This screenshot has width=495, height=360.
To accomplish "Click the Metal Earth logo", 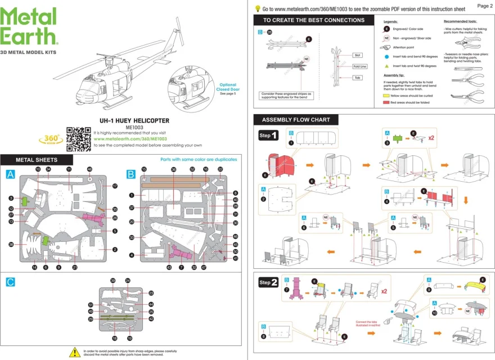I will [x=29, y=27].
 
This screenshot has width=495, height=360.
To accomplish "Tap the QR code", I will [x=79, y=139].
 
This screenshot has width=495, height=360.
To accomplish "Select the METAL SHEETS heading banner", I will [x=36, y=160].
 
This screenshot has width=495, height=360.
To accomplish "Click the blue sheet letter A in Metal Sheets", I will [x=10, y=175].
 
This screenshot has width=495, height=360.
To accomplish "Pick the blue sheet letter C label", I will [x=10, y=281].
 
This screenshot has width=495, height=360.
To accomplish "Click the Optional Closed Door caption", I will [x=227, y=88].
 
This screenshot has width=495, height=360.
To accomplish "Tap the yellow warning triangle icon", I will [x=74, y=352].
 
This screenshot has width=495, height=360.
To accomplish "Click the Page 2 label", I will [x=484, y=6].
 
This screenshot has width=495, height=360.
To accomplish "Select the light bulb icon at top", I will [x=258, y=8].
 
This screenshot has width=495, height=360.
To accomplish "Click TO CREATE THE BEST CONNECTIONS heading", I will [x=313, y=20].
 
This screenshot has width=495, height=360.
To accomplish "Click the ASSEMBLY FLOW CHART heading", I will [x=295, y=120].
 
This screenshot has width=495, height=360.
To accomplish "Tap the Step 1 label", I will [x=268, y=136].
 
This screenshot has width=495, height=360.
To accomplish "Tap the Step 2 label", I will [x=268, y=282].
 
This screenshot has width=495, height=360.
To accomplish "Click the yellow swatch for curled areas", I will [x=386, y=96].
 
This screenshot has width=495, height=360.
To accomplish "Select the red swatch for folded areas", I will [x=386, y=103].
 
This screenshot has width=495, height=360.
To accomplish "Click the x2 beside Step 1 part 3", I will [x=431, y=137].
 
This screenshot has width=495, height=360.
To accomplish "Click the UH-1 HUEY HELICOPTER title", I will [x=130, y=121].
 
